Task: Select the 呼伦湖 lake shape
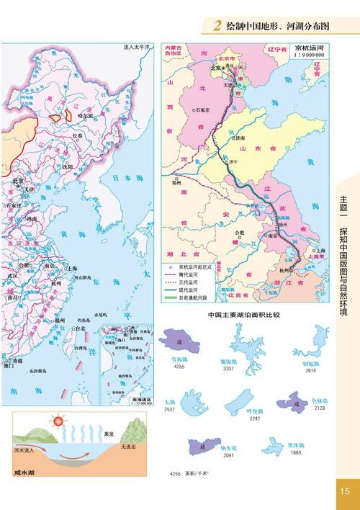[241, 399]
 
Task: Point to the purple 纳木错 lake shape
[200, 448]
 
